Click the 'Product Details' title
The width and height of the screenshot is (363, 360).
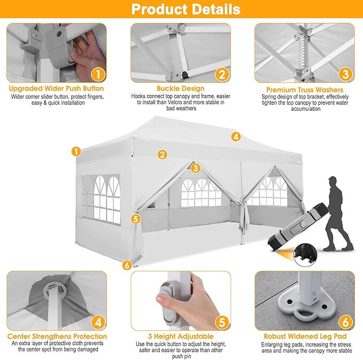(186, 9)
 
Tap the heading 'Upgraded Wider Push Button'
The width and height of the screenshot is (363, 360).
(57, 89)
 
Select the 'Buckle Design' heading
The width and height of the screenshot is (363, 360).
(181, 88)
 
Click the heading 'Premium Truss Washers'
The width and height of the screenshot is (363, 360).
(305, 90)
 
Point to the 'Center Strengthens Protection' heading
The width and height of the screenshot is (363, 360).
(57, 336)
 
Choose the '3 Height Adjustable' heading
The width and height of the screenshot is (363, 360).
(181, 336)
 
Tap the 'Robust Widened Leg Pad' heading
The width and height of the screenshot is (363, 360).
(305, 336)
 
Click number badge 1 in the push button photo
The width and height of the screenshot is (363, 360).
(98, 74)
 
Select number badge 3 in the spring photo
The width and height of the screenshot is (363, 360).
(345, 74)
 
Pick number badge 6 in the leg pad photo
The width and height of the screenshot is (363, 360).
(345, 322)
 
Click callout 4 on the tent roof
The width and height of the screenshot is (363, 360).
(236, 137)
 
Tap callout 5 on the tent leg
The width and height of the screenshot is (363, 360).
(136, 219)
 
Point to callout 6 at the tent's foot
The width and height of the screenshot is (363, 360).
(127, 265)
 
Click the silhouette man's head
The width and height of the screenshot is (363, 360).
(333, 181)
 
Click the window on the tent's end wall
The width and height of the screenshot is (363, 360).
(102, 199)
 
